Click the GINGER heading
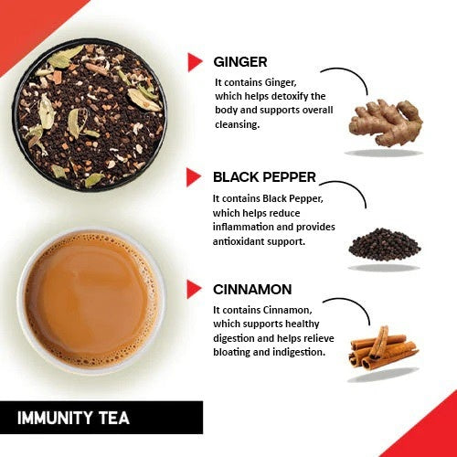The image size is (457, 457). [239, 62]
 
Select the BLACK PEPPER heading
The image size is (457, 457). [265, 177]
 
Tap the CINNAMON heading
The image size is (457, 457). [252, 290]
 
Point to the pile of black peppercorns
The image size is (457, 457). [384, 243]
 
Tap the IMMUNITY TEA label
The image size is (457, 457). [74, 419]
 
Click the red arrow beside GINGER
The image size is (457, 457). [194, 61]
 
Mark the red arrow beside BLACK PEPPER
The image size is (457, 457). [194, 177]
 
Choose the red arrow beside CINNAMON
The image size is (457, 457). [194, 290]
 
